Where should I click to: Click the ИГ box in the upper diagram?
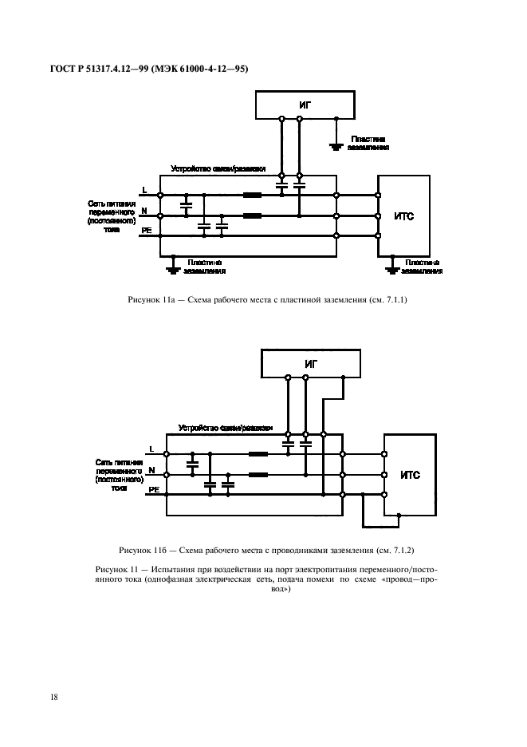pyautogui.click(x=294, y=105)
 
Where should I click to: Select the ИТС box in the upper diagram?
pyautogui.click(x=405, y=215)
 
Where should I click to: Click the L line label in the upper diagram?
pyautogui.click(x=144, y=190)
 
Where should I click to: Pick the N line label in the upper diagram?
pyautogui.click(x=144, y=211)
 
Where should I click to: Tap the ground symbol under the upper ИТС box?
pyautogui.click(x=391, y=269)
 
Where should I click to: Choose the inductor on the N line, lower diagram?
pyautogui.click(x=258, y=476)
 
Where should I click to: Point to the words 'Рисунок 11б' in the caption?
pyautogui.click(x=140, y=551)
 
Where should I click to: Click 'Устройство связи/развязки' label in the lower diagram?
pyautogui.click(x=226, y=427)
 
